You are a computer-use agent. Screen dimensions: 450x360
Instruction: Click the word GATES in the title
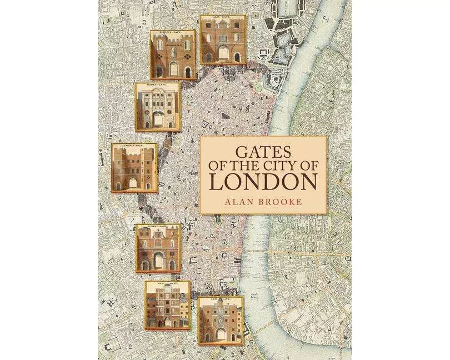click(263, 151)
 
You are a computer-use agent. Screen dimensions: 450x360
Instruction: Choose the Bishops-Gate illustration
click(173, 54)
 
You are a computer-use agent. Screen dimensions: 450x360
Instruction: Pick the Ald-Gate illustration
click(222, 39)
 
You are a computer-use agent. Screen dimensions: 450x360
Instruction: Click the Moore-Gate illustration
click(158, 107)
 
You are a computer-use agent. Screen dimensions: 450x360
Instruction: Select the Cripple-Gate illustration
click(134, 167)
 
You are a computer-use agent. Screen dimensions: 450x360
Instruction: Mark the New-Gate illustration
click(167, 305)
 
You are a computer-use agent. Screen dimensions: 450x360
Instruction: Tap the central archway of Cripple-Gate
click(134, 182)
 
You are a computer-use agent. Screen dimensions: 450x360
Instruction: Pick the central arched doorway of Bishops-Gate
click(173, 69)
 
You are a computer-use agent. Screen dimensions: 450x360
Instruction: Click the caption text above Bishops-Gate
click(173, 33)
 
